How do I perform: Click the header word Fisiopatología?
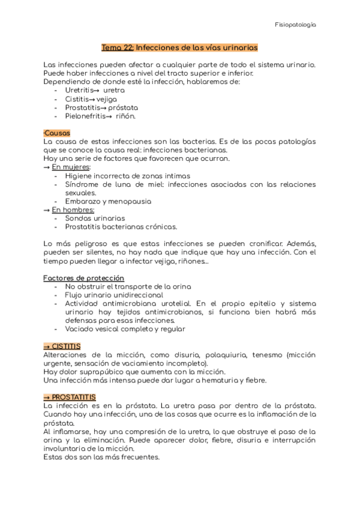(295, 25)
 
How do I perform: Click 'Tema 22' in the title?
(118, 47)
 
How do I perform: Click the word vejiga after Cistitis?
(107, 98)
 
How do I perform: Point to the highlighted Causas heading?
(57, 133)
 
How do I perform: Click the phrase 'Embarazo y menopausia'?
(108, 202)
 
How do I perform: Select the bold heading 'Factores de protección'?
(84, 278)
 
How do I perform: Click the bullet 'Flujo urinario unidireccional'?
(113, 295)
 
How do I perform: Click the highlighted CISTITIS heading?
(62, 346)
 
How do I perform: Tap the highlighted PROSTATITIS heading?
(70, 397)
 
